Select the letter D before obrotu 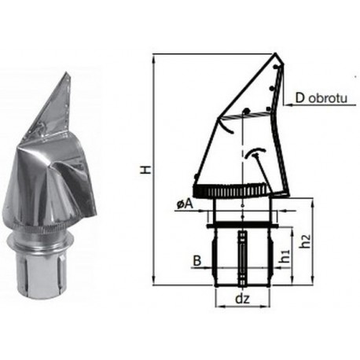[300, 98]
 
